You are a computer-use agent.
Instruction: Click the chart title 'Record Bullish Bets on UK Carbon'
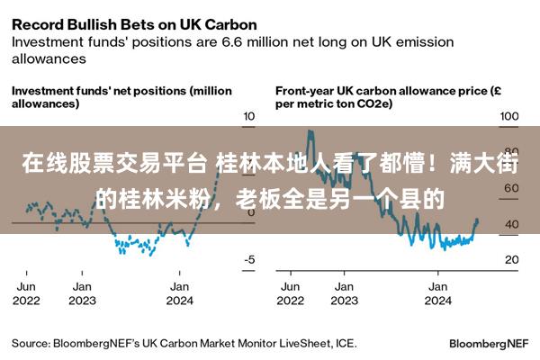[x=134, y=25]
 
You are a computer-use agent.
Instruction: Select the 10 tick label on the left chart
[x=249, y=116]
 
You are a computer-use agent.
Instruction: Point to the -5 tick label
[x=249, y=259]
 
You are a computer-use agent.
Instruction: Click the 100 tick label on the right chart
[x=509, y=116]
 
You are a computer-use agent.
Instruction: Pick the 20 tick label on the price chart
[x=512, y=259]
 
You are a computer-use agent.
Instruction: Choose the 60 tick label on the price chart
[x=512, y=188]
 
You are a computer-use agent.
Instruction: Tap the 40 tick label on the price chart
[x=512, y=224]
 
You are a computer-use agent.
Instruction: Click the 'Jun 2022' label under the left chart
[x=26, y=293]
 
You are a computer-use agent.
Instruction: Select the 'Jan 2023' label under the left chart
[x=82, y=293]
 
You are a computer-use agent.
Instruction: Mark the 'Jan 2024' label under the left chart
[x=179, y=293]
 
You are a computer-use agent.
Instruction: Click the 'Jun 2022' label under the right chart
[x=291, y=293]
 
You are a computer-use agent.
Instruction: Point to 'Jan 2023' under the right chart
[x=344, y=293]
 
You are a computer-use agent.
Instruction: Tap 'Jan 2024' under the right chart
[x=437, y=293]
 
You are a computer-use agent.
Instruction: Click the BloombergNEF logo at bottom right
[x=489, y=344]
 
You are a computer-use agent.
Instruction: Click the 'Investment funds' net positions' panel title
[x=121, y=97]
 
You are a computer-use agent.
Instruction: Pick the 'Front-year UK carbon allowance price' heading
[x=388, y=97]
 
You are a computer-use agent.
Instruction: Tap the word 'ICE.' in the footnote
[x=346, y=344]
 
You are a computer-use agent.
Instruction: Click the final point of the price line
[x=477, y=220]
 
